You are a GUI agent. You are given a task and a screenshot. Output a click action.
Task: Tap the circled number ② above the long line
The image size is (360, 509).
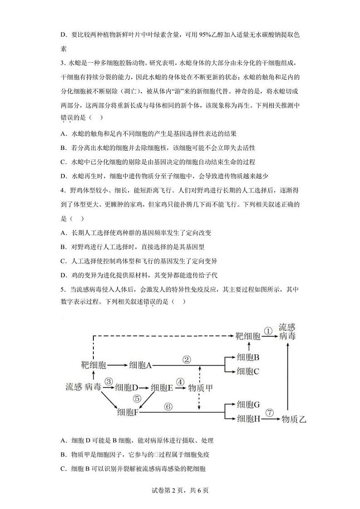[x=187, y=359]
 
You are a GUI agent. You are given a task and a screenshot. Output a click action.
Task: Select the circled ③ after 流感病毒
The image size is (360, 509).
[x=108, y=382]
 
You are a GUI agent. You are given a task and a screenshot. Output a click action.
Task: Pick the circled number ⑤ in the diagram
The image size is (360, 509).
[x=138, y=398]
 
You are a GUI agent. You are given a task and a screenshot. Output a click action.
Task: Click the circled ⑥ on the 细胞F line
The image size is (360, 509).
[x=169, y=406]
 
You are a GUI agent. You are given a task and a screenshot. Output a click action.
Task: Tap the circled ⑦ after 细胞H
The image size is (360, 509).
[x=270, y=413]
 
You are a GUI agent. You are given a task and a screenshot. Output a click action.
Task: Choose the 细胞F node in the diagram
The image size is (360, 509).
[x=127, y=412]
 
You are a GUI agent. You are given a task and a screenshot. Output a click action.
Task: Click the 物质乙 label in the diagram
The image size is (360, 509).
[x=294, y=419]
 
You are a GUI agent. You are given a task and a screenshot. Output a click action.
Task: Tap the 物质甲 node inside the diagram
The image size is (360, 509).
[x=201, y=388]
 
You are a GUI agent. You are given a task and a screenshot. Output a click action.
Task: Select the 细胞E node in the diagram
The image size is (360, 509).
[x=162, y=388]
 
